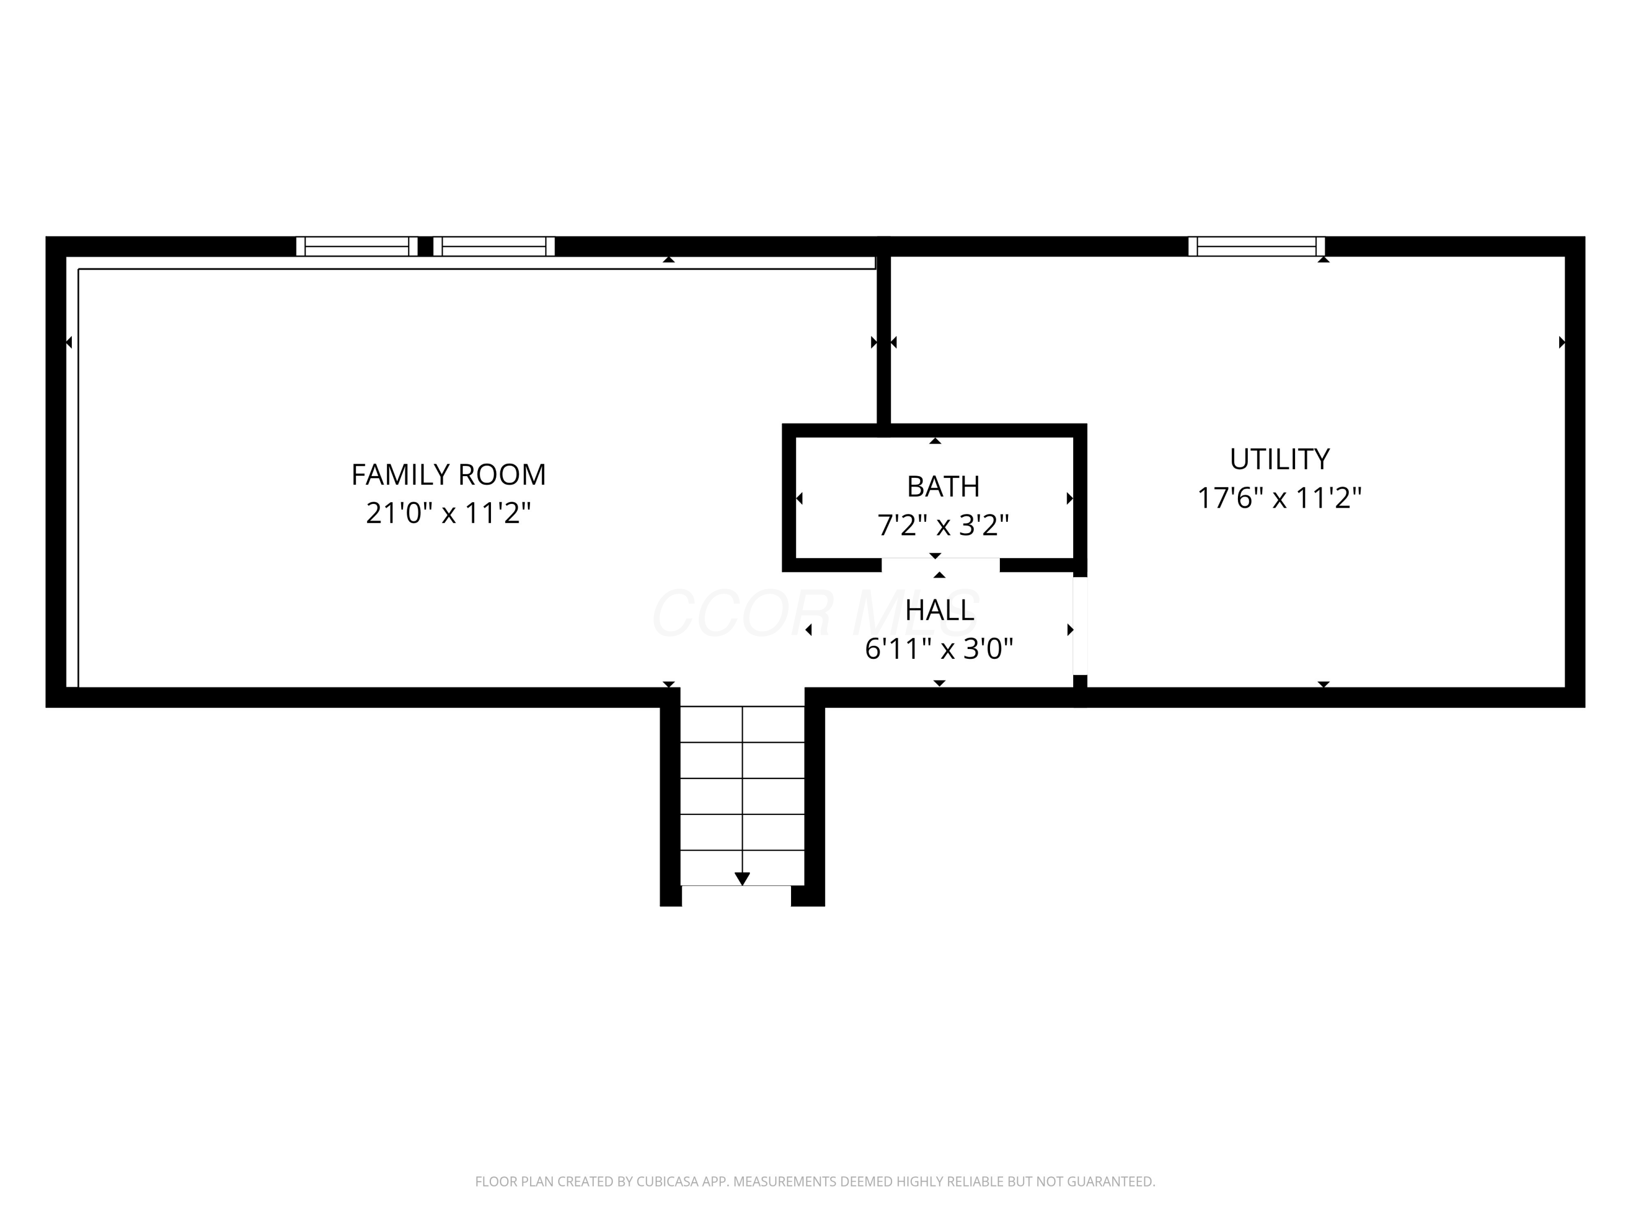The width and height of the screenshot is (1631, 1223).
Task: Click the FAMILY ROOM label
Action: pos(449,475)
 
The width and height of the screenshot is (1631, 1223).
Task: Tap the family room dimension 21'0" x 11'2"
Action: pos(449,513)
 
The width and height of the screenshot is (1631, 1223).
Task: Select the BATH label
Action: pos(943,486)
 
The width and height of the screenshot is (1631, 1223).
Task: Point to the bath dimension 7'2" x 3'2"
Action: pos(943,525)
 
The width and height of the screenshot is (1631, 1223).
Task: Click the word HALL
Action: pos(939,610)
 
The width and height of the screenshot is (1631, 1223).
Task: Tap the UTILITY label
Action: pos(1279,459)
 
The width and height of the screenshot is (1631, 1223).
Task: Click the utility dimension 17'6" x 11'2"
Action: pos(1279,498)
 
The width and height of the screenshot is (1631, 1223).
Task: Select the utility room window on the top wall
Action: pos(1256,246)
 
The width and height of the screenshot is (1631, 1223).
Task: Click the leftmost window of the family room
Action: pos(357,246)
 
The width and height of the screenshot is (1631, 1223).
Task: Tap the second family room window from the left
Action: pos(494,246)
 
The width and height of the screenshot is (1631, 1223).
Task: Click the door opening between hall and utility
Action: pos(1080,626)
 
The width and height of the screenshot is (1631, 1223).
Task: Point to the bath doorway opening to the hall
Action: pos(941,565)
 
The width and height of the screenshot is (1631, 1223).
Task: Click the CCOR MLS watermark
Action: pos(815,613)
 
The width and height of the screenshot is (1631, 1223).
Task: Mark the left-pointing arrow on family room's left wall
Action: pos(69,342)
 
